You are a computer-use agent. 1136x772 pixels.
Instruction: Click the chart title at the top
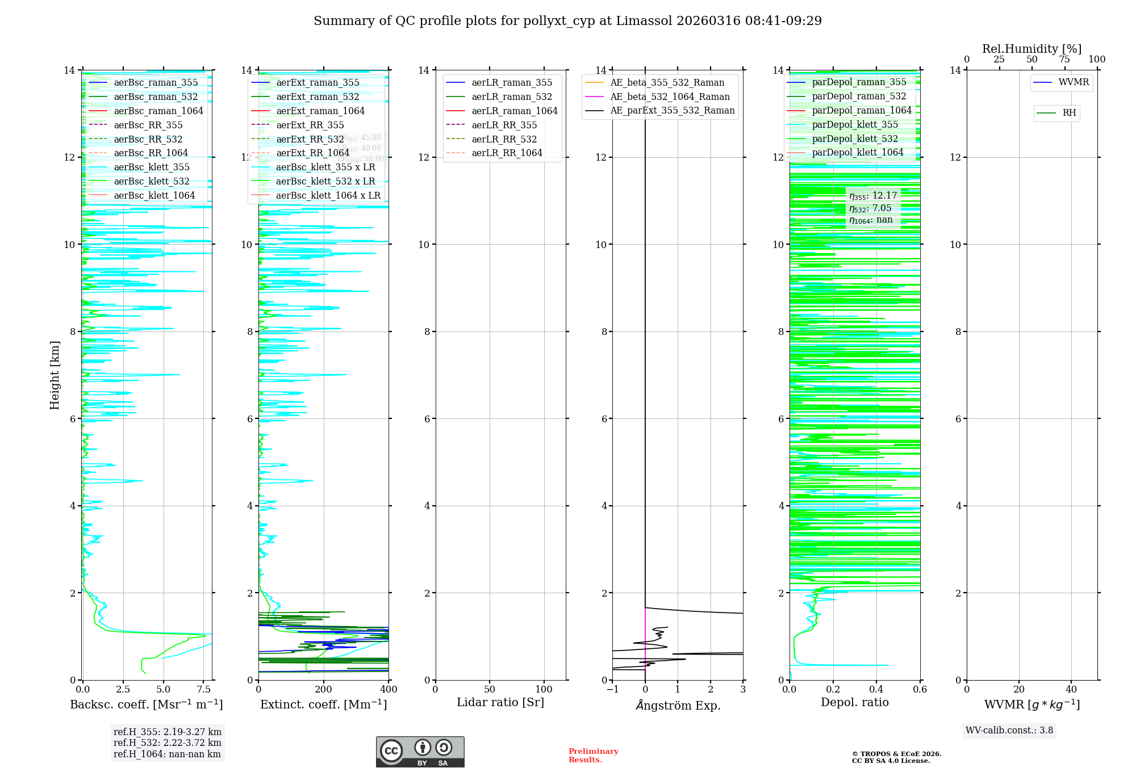point(567,21)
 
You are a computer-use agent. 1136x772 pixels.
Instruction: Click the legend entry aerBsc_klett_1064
point(154,195)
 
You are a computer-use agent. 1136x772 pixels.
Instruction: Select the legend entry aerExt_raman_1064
point(320,111)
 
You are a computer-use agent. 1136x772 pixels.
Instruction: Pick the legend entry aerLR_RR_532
point(504,139)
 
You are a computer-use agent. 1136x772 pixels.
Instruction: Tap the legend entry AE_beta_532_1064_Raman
point(670,96)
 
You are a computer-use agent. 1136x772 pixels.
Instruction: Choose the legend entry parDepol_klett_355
point(855,124)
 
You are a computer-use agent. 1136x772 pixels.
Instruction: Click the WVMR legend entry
point(1073,82)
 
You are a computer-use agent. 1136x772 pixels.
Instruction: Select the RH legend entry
point(1069,113)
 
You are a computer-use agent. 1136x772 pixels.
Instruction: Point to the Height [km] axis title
point(55,375)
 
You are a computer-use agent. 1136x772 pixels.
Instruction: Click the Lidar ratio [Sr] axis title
point(500,702)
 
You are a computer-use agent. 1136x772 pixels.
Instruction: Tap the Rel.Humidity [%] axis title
point(1031,49)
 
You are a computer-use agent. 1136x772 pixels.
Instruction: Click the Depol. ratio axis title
point(854,702)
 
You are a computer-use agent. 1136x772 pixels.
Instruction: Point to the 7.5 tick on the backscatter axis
point(204,690)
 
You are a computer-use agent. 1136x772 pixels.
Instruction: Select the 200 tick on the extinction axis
point(324,690)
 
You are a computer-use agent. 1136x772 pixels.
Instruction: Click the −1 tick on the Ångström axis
point(612,690)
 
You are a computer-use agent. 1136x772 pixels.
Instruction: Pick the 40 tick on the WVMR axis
point(1071,690)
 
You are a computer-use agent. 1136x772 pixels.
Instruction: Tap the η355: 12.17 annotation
point(873,196)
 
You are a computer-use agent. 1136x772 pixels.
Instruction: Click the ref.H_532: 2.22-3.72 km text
point(168,742)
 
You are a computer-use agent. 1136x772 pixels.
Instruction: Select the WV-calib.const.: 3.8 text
point(1009,731)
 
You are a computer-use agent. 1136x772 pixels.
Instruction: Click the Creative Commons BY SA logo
point(420,752)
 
